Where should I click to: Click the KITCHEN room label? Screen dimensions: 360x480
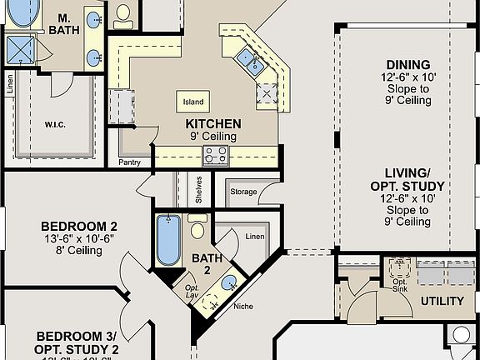pyautogui.click(x=213, y=123)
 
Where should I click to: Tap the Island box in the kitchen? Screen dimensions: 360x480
pyautogui.click(x=193, y=102)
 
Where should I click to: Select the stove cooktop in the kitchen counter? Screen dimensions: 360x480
pyautogui.click(x=216, y=155)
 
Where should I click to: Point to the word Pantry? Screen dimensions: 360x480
pyautogui.click(x=129, y=162)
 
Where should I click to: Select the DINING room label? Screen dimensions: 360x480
pyautogui.click(x=408, y=65)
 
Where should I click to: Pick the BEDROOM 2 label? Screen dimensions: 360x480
pyautogui.click(x=79, y=226)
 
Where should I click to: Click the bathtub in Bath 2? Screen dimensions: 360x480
pyautogui.click(x=169, y=241)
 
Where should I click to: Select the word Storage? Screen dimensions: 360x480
pyautogui.click(x=243, y=192)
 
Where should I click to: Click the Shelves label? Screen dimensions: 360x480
pyautogui.click(x=198, y=191)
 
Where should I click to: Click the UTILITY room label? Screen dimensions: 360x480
pyautogui.click(x=442, y=301)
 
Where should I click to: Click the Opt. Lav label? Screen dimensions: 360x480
pyautogui.click(x=190, y=292)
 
